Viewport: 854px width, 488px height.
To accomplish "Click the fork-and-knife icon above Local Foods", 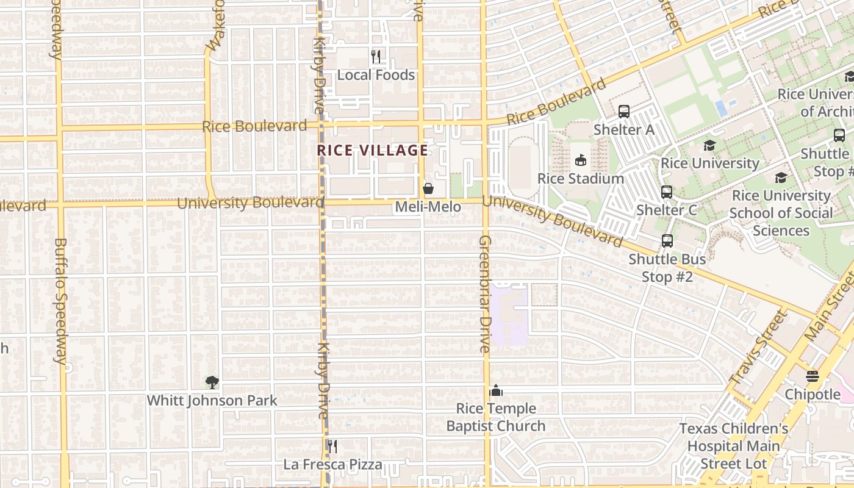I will [x=376, y=57].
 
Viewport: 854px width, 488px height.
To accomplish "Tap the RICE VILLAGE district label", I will [x=372, y=150].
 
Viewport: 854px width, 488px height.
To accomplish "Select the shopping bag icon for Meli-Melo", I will [x=428, y=188].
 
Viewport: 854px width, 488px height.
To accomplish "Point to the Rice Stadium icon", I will [x=581, y=160].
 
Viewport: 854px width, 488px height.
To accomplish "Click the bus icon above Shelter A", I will [x=624, y=112].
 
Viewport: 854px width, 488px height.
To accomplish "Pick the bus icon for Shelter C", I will [x=667, y=192].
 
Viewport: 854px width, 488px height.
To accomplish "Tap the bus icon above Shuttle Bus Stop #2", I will [x=667, y=241].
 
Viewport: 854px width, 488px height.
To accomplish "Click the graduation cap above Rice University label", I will [x=709, y=146].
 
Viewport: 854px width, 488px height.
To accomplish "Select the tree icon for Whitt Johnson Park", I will [x=212, y=382].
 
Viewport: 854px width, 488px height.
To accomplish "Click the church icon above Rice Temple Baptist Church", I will [x=496, y=390].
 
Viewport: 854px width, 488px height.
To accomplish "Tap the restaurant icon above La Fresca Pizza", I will [x=332, y=447].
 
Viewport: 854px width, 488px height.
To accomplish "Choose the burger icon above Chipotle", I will [x=812, y=376].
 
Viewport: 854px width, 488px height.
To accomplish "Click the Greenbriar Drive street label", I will [x=485, y=294].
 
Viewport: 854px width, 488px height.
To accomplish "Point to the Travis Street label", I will [x=758, y=347].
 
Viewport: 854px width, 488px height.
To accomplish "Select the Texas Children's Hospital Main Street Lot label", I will [x=734, y=446].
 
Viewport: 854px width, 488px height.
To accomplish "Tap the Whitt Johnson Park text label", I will [x=212, y=401].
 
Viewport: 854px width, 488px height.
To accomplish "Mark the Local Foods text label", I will [x=376, y=75].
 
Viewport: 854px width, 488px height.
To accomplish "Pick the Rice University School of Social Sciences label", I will [x=781, y=213].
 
